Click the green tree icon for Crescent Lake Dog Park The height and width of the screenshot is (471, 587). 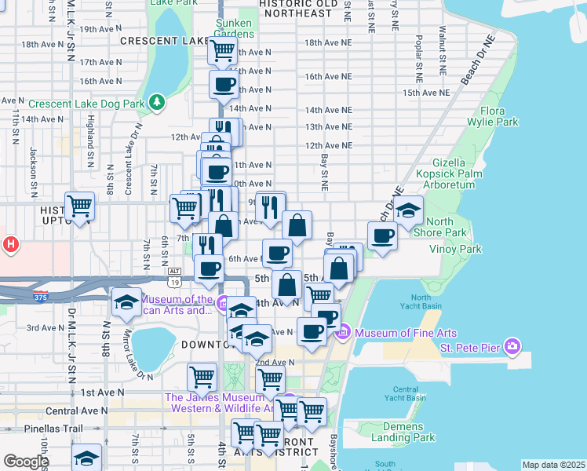[x=158, y=103]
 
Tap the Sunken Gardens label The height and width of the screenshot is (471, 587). [x=235, y=27]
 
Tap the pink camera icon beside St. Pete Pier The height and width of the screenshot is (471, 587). [x=512, y=346]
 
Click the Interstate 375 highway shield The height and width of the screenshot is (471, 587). [x=41, y=297]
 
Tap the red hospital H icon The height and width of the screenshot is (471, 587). [x=10, y=244]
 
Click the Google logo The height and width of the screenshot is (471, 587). [x=26, y=462]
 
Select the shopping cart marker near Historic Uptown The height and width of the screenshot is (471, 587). [x=79, y=206]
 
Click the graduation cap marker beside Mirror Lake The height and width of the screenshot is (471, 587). [x=126, y=303]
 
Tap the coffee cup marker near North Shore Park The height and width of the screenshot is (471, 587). [x=382, y=235]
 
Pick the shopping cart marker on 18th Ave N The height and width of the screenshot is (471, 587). [x=222, y=51]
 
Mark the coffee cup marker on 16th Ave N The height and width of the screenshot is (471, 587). [x=223, y=84]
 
